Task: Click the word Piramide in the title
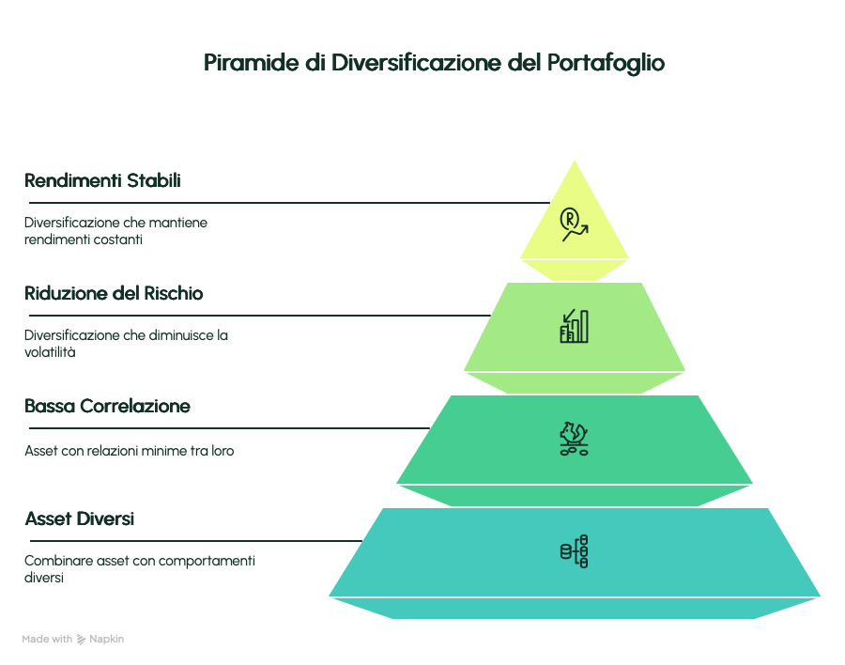click(252, 63)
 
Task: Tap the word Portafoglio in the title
click(606, 64)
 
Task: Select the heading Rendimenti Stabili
click(102, 180)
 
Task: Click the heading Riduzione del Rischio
click(114, 293)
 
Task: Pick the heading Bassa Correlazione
click(107, 406)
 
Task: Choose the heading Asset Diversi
click(79, 518)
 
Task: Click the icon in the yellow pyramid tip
click(574, 224)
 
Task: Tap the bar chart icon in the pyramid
click(574, 326)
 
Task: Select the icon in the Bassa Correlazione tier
click(574, 439)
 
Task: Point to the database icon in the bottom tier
click(574, 551)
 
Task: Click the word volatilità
click(50, 352)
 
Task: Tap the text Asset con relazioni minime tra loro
click(130, 451)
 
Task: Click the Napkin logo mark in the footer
click(82, 639)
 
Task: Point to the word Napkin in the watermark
click(107, 639)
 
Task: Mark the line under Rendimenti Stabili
click(289, 203)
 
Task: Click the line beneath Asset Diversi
click(195, 540)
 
